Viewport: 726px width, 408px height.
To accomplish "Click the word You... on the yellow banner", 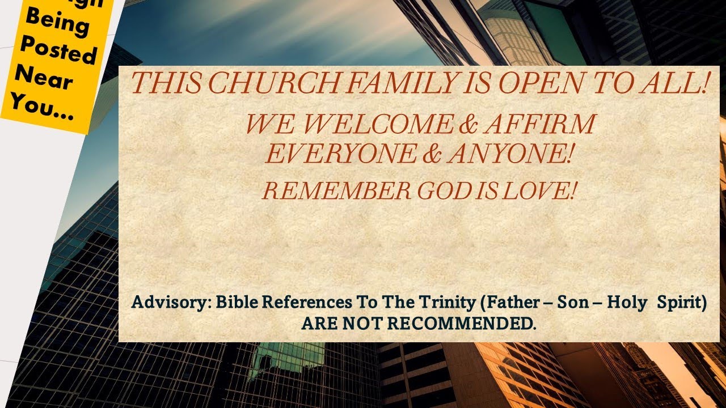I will click(41, 107).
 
